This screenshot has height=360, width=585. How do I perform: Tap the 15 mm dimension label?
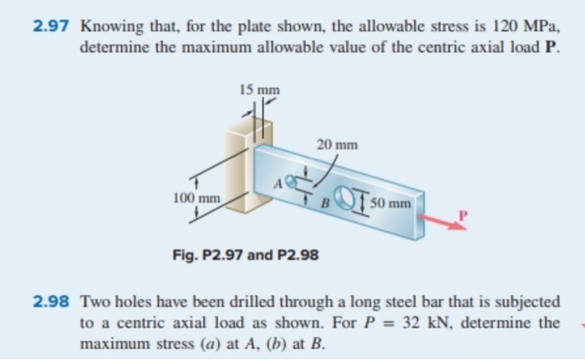pyautogui.click(x=259, y=89)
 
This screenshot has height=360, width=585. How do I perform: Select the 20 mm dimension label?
pyautogui.click(x=337, y=144)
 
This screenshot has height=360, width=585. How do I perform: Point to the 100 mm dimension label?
pyautogui.click(x=196, y=198)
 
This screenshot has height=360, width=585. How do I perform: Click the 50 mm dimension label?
pyautogui.click(x=390, y=203)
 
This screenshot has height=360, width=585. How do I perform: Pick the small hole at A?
pyautogui.click(x=291, y=180)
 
